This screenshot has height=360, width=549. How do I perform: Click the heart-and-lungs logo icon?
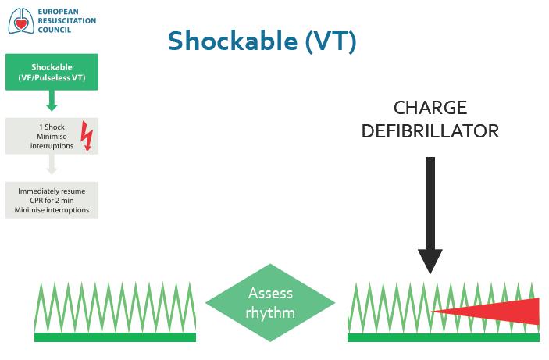[21, 21]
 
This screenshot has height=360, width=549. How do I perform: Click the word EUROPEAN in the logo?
[58, 12]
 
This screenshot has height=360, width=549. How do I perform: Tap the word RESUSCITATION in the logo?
[67, 20]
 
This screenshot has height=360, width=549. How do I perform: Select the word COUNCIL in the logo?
[54, 30]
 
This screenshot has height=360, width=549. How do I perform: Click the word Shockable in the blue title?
[233, 41]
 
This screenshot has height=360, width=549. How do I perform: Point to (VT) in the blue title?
[330, 41]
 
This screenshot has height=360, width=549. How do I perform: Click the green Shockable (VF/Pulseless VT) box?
[52, 72]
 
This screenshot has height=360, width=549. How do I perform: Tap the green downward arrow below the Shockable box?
[52, 101]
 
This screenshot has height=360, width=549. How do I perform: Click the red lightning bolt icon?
[87, 136]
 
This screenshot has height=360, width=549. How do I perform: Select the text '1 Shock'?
[52, 127]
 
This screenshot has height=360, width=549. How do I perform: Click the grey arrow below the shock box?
[52, 164]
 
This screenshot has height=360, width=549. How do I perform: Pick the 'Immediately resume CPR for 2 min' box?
[52, 201]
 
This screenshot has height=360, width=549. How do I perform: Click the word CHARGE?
[430, 108]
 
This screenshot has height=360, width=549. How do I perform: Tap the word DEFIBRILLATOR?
[430, 131]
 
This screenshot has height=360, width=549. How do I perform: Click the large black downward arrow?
[430, 216]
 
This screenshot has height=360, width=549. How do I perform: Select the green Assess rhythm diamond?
[270, 303]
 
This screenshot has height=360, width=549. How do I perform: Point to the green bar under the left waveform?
[116, 337]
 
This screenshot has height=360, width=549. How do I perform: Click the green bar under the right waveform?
[444, 337]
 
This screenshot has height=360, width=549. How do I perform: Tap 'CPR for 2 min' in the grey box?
[52, 201]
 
